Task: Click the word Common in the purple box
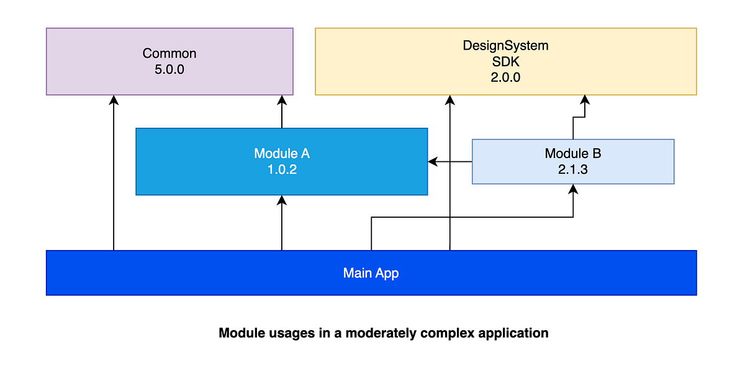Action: [x=169, y=53]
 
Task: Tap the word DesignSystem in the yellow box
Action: [x=505, y=45]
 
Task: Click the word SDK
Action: [x=505, y=61]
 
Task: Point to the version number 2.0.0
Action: [x=505, y=78]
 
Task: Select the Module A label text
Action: [x=281, y=153]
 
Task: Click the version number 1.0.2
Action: [x=281, y=169]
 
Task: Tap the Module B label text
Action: [x=572, y=153]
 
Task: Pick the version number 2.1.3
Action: [x=572, y=169]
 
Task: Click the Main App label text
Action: [x=371, y=273]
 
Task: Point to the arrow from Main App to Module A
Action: [x=282, y=223]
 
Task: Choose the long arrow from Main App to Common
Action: [x=113, y=174]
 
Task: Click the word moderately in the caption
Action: [x=379, y=333]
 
